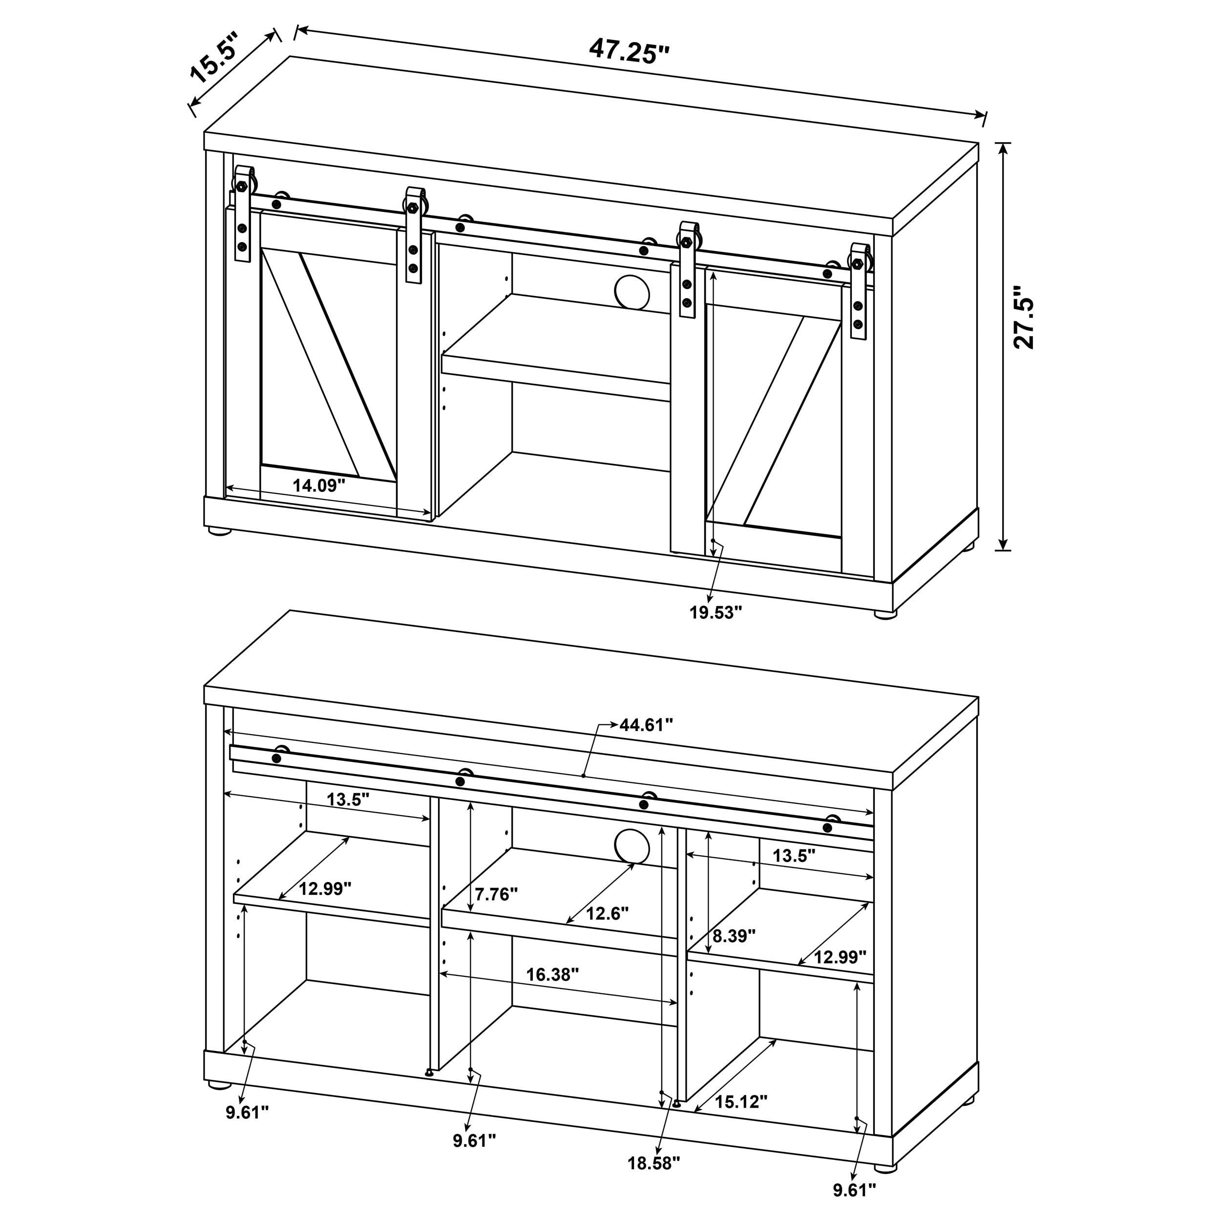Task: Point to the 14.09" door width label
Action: [x=319, y=485]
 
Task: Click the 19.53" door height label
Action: [x=716, y=612]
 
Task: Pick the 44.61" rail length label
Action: [x=646, y=725]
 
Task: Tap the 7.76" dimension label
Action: [x=496, y=894]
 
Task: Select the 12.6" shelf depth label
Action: [x=607, y=913]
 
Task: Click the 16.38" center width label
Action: [x=552, y=974]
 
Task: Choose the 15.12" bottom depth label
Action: [x=741, y=1101]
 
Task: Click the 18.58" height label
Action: [x=653, y=1180]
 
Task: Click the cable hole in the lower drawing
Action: [x=632, y=845]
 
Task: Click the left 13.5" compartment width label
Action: [x=348, y=800]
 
